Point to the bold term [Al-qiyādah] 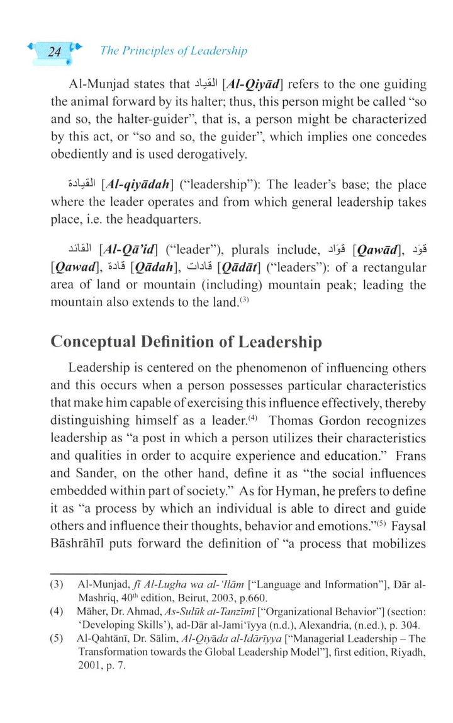(x=135, y=185)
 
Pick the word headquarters (x=174, y=220)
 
